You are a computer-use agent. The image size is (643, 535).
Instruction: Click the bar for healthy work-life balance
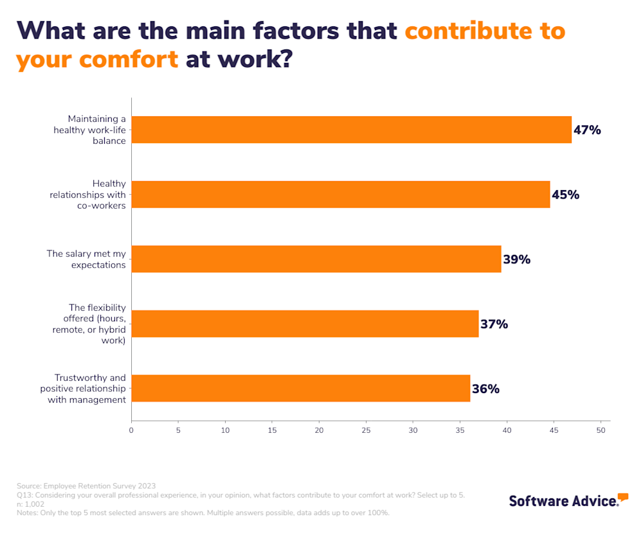351,130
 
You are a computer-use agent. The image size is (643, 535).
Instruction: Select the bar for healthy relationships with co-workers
341,195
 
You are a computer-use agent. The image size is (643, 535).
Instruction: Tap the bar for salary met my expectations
316,259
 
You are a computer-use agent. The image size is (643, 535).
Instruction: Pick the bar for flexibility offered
305,324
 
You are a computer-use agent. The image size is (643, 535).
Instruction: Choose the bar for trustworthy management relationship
300,388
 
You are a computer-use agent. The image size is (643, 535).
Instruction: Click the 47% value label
587,130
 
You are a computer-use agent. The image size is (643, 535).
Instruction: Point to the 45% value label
565,195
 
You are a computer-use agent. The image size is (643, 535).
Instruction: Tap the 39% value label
516,259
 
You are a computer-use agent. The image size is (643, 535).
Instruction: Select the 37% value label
494,324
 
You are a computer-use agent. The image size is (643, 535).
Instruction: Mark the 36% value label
485,389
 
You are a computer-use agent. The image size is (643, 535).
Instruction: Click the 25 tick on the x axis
366,430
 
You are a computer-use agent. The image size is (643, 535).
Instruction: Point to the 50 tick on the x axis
601,430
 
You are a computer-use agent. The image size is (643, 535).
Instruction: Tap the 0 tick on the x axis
131,430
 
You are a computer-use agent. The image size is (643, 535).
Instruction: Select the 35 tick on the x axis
460,430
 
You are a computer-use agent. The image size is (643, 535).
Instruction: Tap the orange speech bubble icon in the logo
622,497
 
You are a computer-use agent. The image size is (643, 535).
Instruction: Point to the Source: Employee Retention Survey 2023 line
86,486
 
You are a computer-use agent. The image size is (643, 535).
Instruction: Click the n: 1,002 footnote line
30,504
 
